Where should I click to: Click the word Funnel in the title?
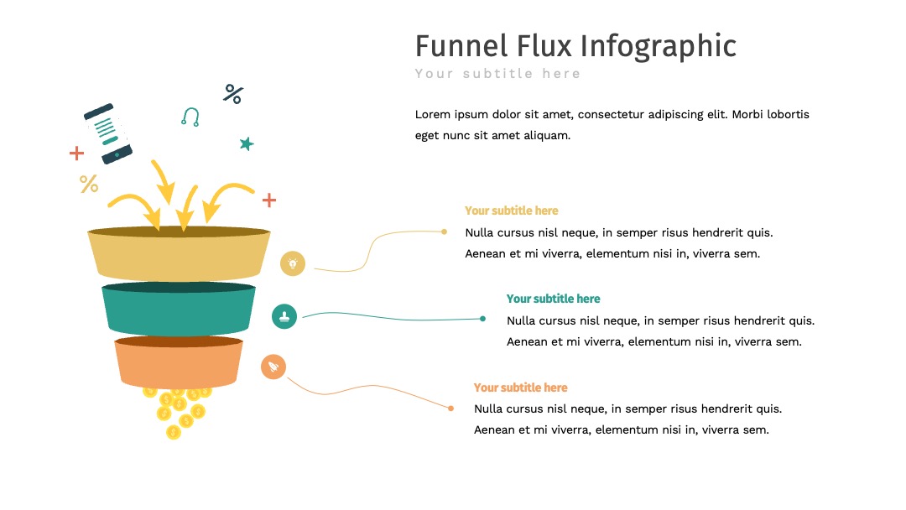461,45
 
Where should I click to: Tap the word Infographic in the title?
659,47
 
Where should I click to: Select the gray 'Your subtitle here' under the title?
497,73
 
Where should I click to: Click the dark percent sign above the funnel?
233,94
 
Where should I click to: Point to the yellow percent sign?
88,184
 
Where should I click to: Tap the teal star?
247,143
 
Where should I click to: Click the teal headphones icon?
190,117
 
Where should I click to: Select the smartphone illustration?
108,133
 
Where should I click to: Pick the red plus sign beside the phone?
76,153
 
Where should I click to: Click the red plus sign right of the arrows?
269,200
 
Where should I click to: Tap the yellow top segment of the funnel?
179,254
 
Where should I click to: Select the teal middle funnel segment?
179,309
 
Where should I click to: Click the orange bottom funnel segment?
179,362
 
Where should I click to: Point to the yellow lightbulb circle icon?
293,263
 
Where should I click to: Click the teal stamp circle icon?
284,316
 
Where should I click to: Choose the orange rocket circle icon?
273,367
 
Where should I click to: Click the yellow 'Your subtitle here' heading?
512,211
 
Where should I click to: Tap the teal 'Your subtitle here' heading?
553,299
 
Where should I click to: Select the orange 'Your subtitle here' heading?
521,388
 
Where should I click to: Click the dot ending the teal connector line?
483,319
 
